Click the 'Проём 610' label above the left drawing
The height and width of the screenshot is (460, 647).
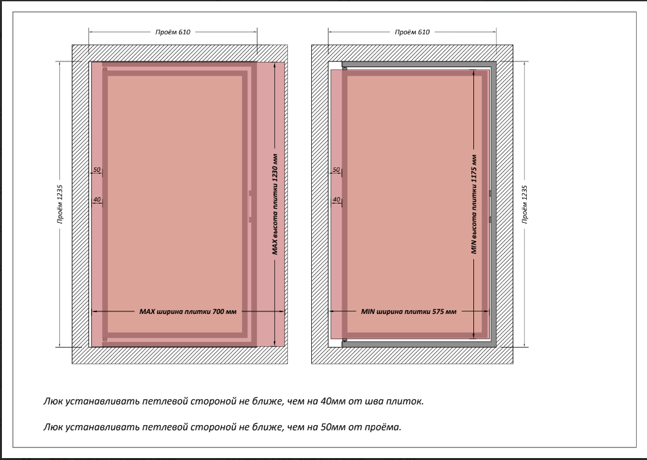point(172,32)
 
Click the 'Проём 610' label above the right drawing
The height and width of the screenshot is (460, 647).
point(412,32)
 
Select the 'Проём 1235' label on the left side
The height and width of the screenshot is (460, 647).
point(59,205)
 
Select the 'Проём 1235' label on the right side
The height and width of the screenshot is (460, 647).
point(524,205)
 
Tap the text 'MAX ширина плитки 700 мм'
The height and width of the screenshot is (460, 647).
point(188,311)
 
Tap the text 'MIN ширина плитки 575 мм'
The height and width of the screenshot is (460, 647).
point(409,311)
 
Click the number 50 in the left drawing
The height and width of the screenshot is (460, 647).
point(97,170)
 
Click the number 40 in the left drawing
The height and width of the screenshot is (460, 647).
point(97,200)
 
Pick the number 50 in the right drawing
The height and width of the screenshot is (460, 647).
point(336,170)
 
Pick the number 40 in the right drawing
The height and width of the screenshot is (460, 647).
point(336,200)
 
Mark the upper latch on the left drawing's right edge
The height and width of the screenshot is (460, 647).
point(250,193)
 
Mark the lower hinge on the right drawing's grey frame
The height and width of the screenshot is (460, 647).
point(491,220)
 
